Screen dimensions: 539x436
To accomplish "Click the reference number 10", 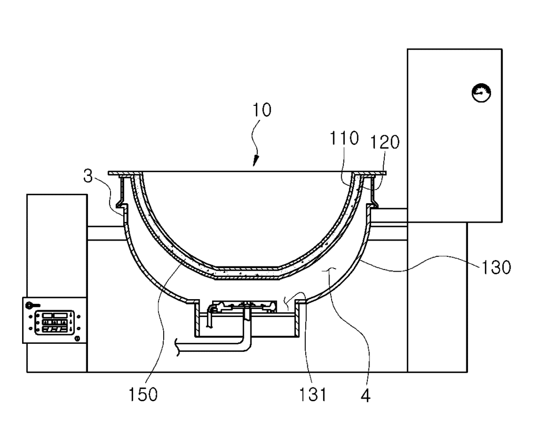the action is point(262,110).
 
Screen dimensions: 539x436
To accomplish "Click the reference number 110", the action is point(344,138).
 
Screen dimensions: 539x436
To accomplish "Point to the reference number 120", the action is point(385,142).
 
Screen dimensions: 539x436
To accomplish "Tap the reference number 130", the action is point(496,267).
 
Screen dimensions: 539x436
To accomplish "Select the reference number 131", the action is point(312,394).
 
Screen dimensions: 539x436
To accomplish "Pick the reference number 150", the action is point(143,394).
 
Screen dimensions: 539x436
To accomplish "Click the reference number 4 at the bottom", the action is point(366,396).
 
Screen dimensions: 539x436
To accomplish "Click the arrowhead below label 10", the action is point(255,161).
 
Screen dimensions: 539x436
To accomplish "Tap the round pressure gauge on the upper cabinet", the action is point(481,93).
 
